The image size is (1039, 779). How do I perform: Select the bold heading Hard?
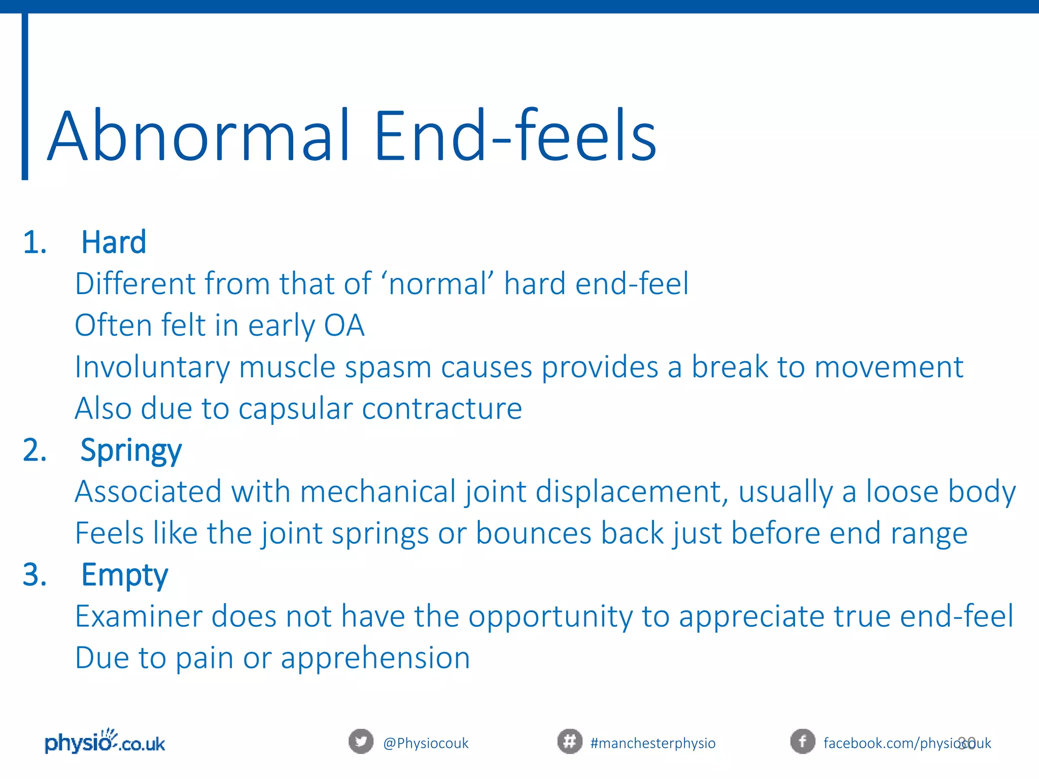click(x=114, y=242)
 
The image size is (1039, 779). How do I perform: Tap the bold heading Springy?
click(x=131, y=450)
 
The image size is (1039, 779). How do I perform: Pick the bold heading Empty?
click(x=124, y=575)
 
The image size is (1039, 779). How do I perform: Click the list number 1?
click(x=34, y=242)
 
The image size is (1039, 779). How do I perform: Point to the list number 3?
click(x=34, y=575)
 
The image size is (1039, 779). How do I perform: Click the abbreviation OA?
click(x=344, y=325)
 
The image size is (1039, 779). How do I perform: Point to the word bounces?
click(x=533, y=534)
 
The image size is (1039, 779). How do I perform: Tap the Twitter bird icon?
click(x=361, y=742)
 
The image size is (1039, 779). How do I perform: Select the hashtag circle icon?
click(x=569, y=742)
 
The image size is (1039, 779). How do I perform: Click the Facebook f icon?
click(x=802, y=742)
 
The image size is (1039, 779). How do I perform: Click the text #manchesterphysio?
click(x=653, y=743)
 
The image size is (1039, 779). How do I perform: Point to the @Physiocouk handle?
click(x=426, y=743)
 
